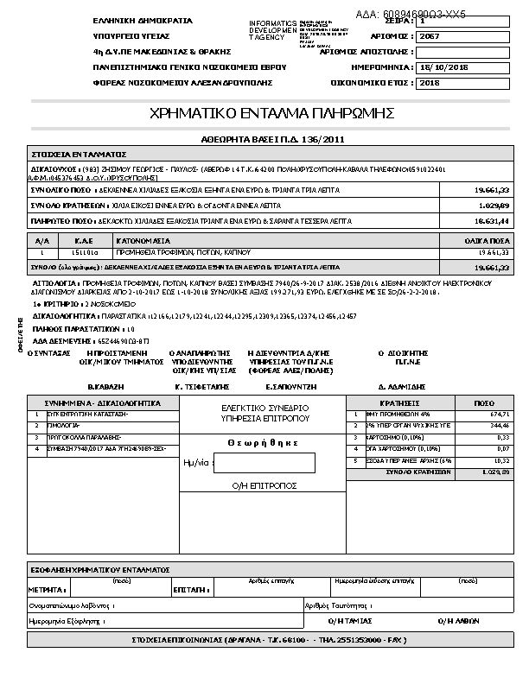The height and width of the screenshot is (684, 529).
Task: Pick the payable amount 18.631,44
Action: (492, 221)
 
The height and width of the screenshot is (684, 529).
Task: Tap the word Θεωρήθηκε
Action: (263, 443)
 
